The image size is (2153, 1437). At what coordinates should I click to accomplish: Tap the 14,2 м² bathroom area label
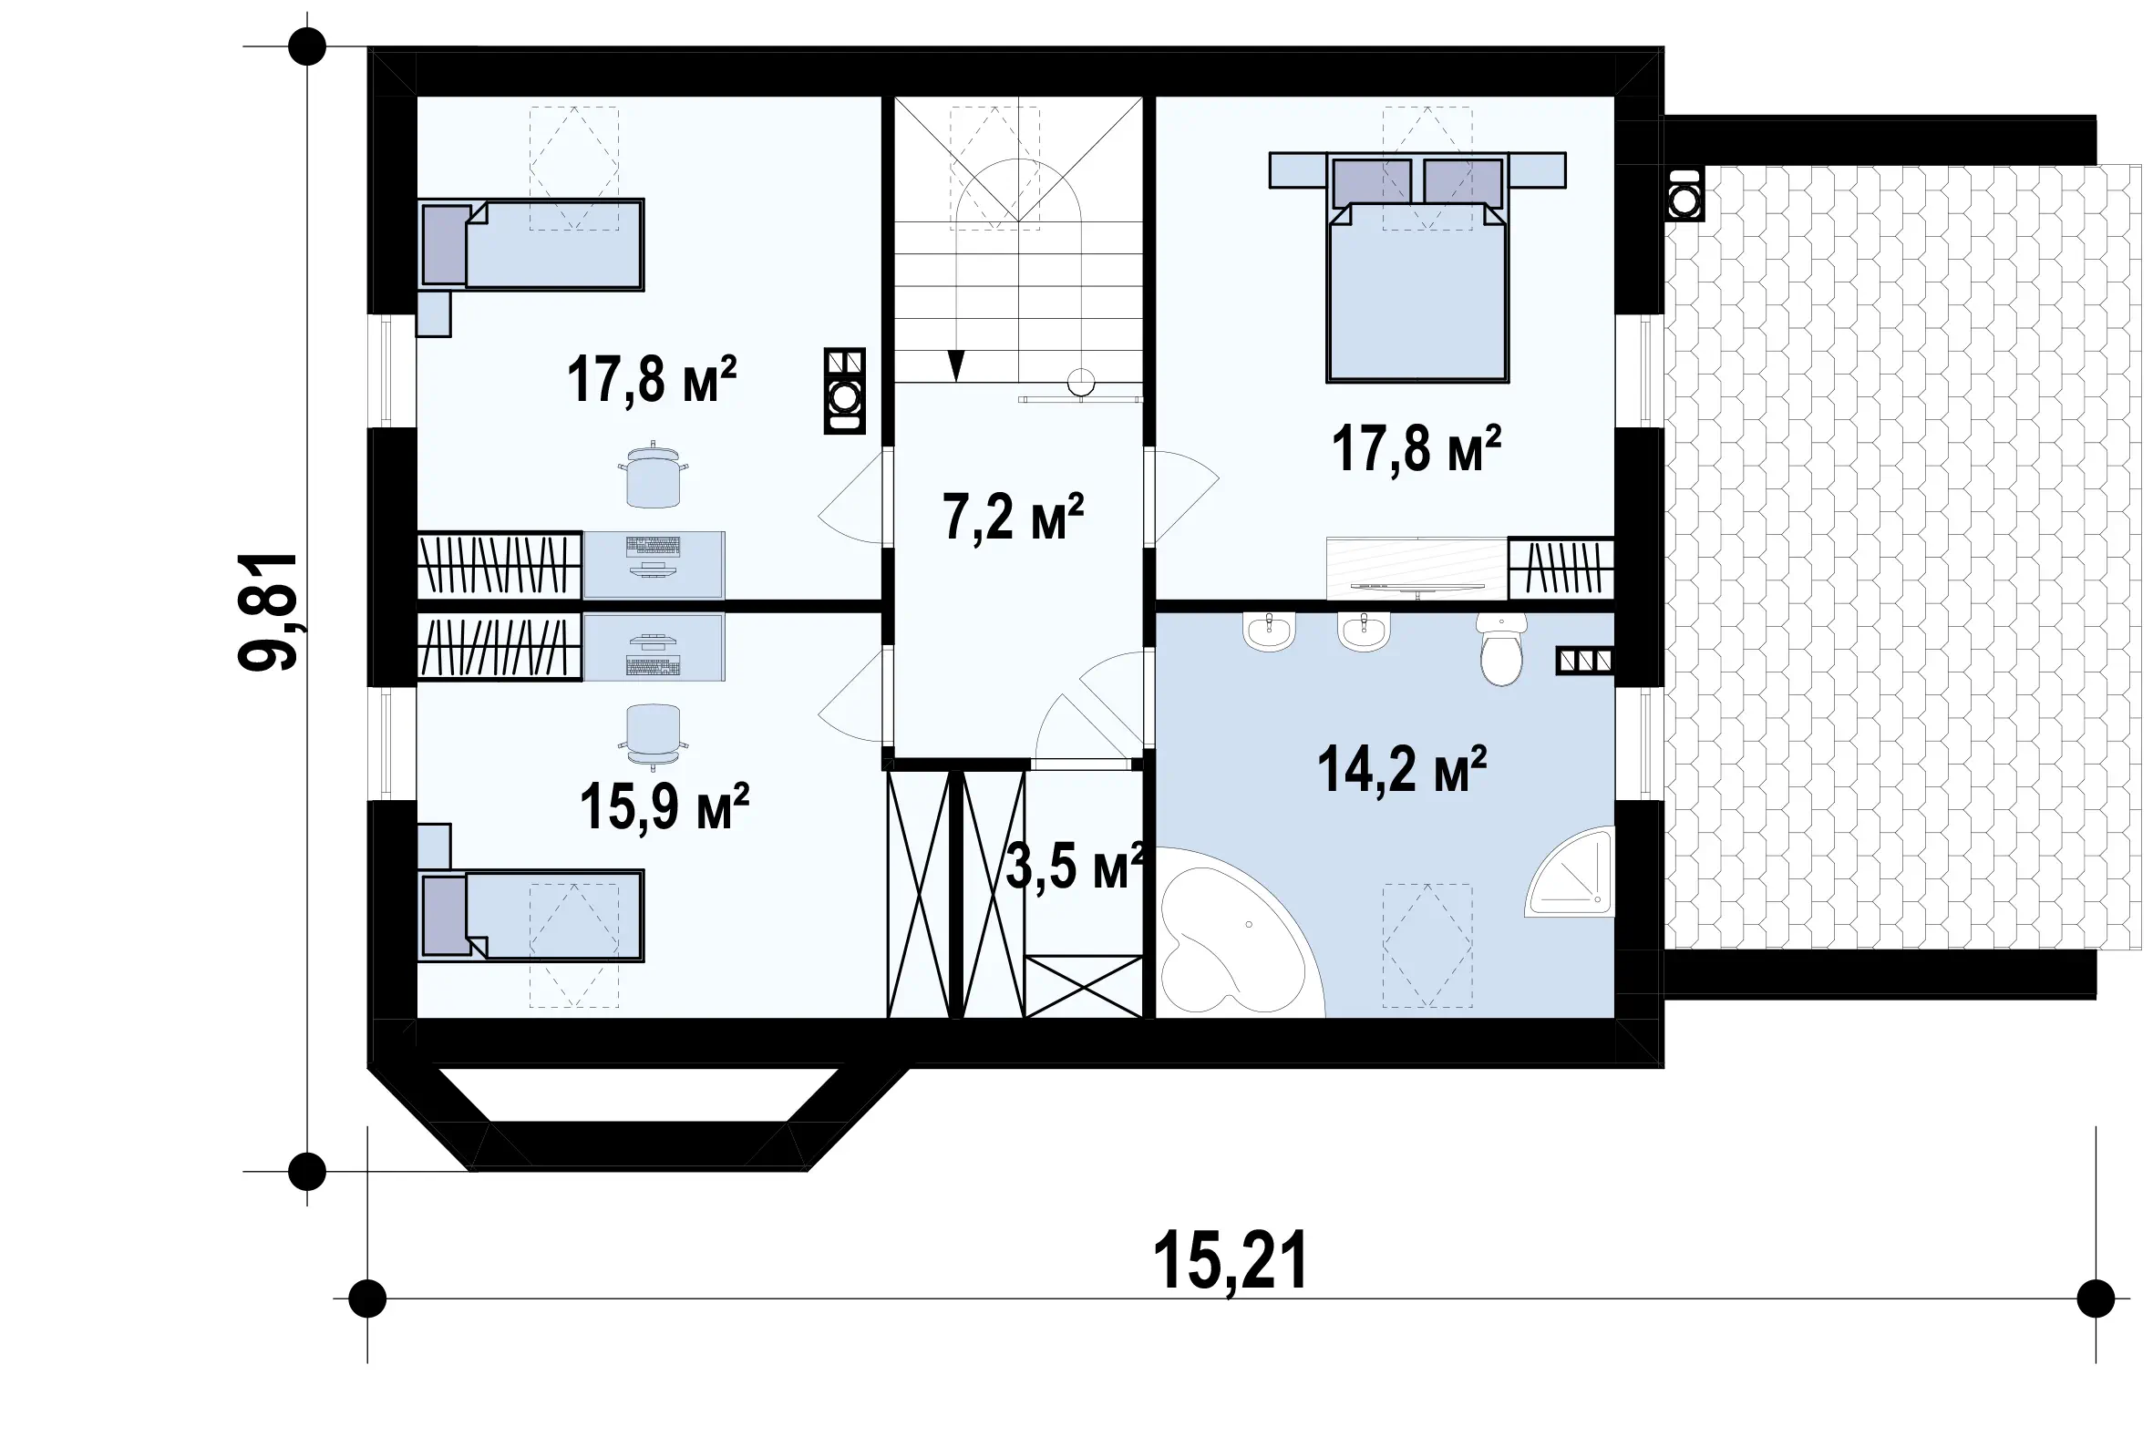[1401, 770]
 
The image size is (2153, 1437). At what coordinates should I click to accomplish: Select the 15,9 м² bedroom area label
[664, 806]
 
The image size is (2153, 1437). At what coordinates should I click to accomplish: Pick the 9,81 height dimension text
[269, 611]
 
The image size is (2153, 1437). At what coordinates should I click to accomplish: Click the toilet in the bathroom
[1501, 649]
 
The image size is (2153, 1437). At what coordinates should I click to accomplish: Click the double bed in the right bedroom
[1417, 267]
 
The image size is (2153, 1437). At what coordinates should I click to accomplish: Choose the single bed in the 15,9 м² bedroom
[531, 916]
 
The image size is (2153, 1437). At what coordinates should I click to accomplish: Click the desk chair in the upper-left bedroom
[654, 474]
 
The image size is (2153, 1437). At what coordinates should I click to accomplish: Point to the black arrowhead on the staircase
[956, 364]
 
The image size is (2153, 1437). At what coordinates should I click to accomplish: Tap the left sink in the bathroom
[1269, 631]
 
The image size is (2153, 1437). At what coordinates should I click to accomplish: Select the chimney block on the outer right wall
[1684, 195]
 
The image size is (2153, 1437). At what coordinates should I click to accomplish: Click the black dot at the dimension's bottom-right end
[2096, 1298]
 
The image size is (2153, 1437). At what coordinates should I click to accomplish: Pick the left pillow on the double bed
[1371, 182]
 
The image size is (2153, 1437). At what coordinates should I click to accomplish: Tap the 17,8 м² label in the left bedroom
[652, 380]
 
